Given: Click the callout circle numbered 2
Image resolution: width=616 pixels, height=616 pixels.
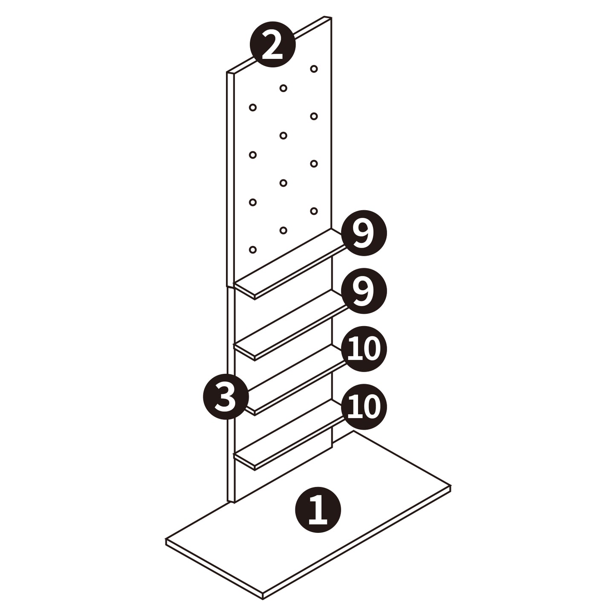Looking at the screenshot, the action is pos(272,44).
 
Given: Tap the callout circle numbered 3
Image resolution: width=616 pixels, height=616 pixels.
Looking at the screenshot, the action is pos(226,397).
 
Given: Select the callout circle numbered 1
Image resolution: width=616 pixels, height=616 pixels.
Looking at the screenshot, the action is pos(318,510).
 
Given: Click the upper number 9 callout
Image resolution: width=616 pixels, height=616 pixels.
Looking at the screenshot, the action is pos(364,233).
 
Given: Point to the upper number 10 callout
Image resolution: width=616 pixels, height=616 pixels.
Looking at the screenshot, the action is pos(364,349).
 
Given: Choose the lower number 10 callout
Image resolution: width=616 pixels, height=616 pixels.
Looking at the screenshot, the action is pos(364,407).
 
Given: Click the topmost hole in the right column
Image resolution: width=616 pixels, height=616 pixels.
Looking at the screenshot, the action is pos(314,69).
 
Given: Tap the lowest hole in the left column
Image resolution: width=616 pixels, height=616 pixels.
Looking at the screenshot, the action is pos(252,249).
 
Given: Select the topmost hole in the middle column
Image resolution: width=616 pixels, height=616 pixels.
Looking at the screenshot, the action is pos(283,88).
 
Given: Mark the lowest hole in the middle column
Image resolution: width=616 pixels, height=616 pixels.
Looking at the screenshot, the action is pos(283,230).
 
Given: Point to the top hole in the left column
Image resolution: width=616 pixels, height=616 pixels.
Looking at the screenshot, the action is pos(252,107).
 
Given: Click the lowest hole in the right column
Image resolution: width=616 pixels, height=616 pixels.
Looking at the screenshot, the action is pos(314,211).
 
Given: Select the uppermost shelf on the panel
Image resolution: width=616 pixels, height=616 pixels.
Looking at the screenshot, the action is pos(289,264).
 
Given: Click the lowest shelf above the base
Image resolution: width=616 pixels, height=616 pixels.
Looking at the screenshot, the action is pos(289,434).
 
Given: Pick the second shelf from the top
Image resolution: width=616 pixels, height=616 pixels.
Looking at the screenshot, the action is pos(289,325).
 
